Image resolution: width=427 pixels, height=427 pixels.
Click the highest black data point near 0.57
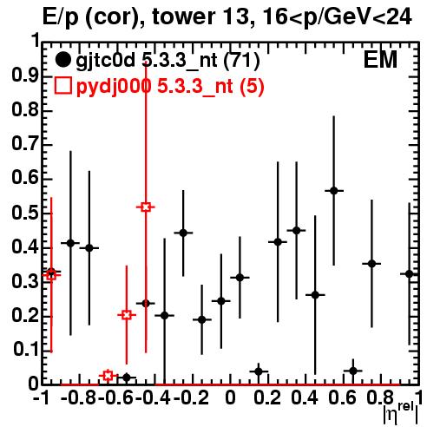coord(334,191)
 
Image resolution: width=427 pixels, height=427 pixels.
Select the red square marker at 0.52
coord(146,207)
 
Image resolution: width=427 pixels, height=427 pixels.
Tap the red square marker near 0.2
coord(127,315)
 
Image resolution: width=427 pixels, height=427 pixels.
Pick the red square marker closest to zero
coord(108,376)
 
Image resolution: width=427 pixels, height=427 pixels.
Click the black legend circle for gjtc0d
coord(62,60)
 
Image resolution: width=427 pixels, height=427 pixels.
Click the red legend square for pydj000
coord(62,86)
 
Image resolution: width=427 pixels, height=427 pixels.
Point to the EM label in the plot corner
coord(380,60)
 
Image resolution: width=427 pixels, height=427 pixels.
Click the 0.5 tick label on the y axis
coord(25,213)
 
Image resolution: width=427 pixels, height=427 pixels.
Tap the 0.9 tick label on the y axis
coord(25,76)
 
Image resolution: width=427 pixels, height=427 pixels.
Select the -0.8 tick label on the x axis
coord(79,398)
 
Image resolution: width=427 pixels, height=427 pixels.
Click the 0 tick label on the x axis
coord(230,398)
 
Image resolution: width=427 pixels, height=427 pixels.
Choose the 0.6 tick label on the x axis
coord(342,398)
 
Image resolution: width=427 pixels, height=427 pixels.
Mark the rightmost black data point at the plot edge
coord(409,274)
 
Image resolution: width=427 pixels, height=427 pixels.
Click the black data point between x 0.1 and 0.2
coord(259,371)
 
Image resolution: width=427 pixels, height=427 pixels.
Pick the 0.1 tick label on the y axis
coord(25,350)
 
